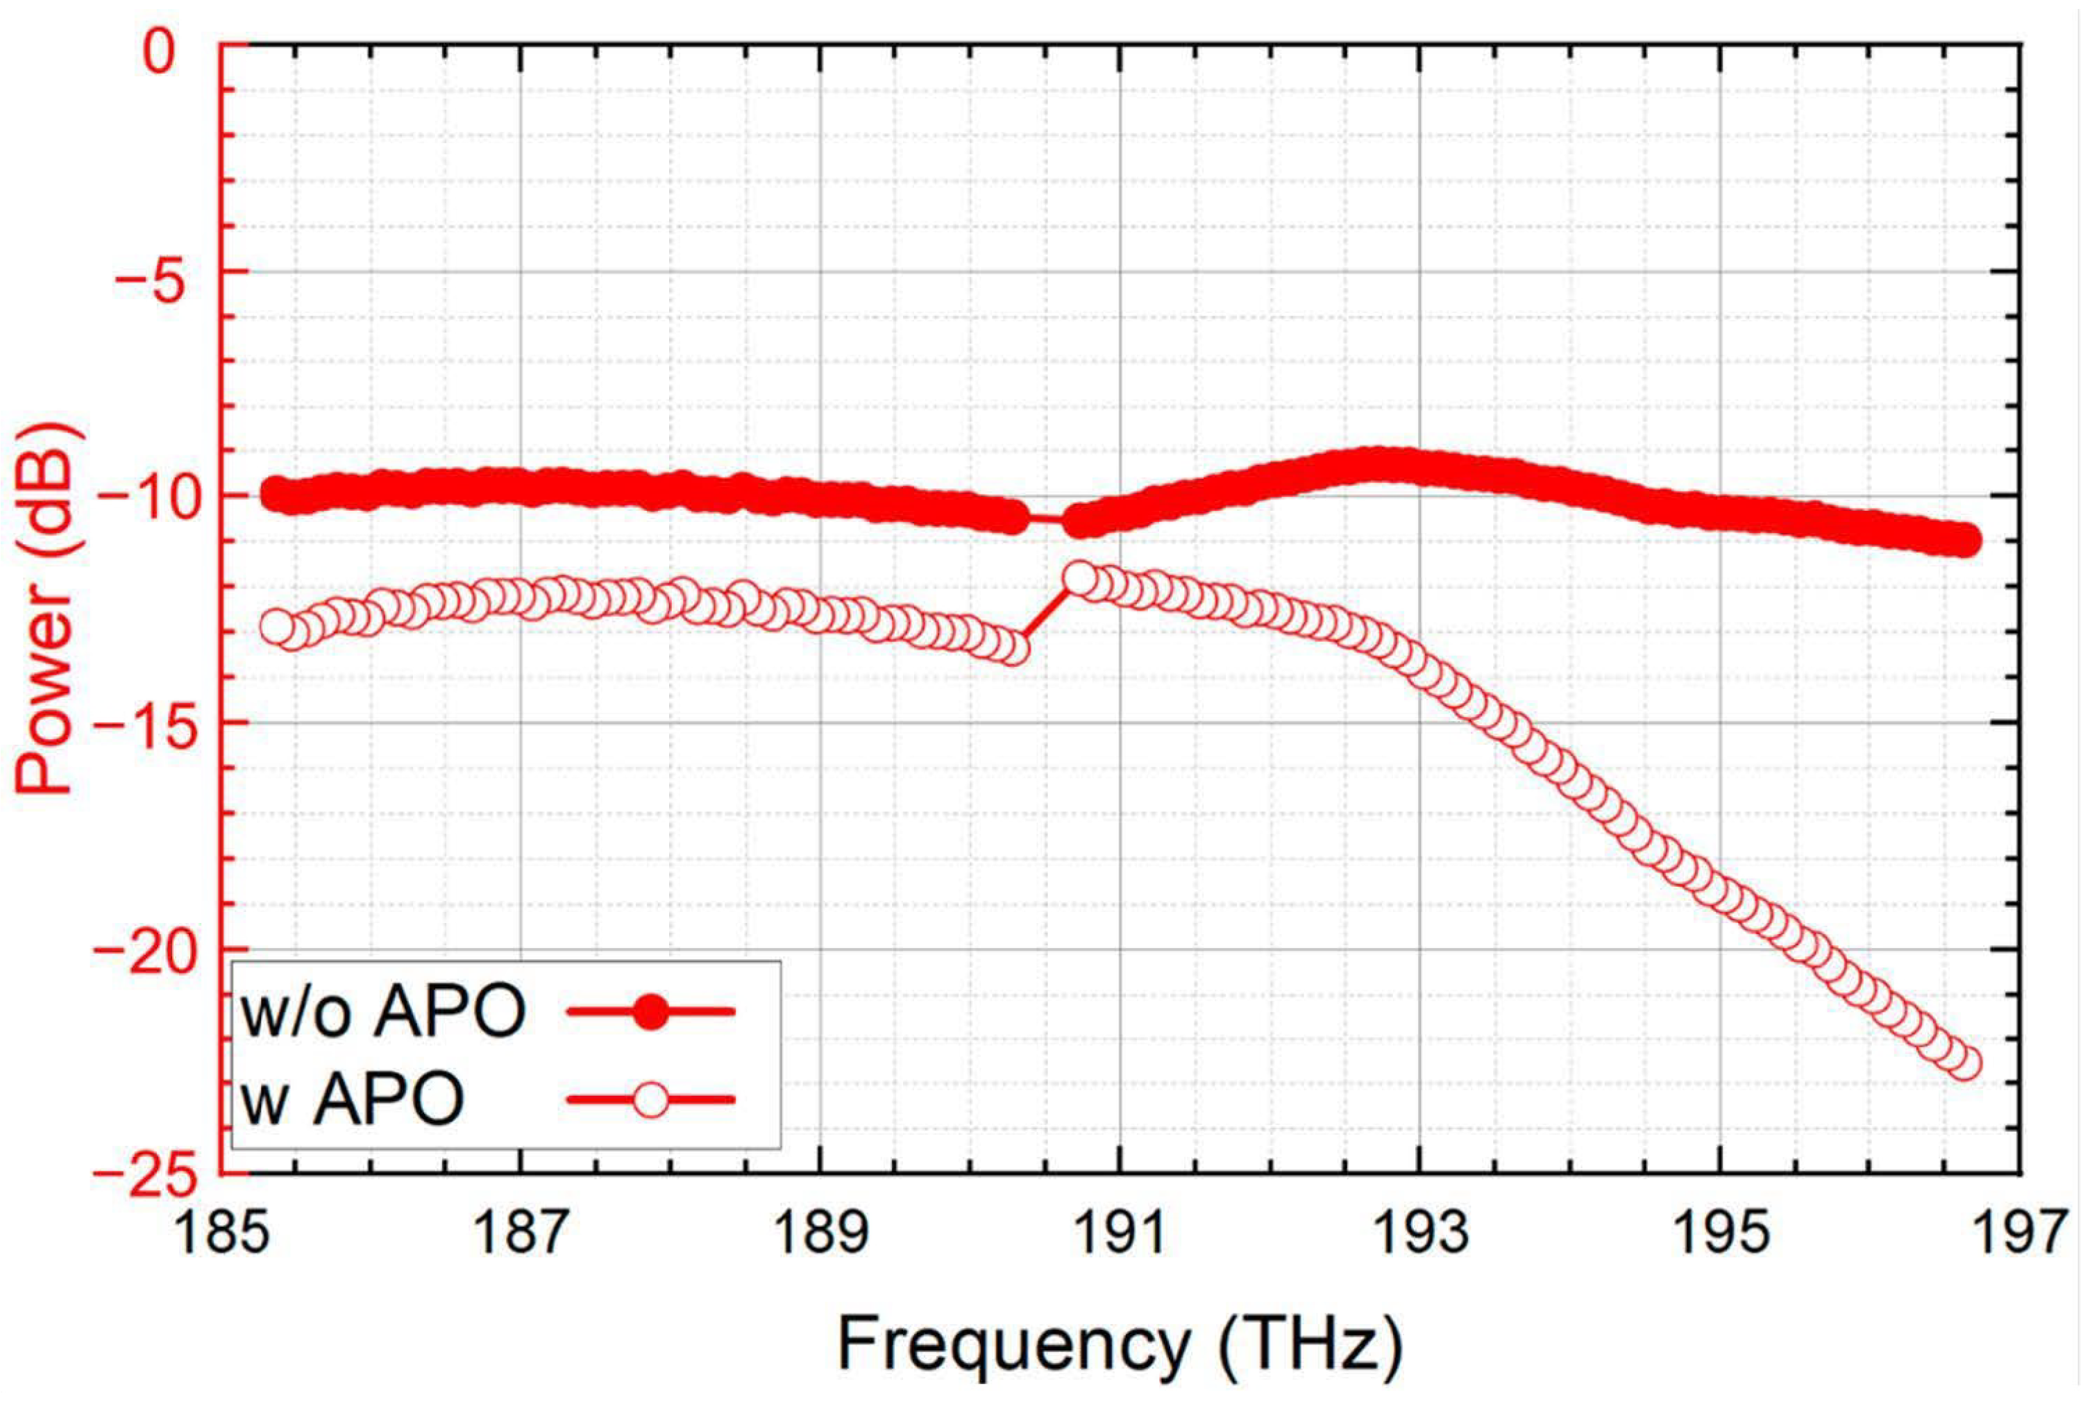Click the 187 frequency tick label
pyautogui.click(x=522, y=1233)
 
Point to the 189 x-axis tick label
pyautogui.click(x=820, y=1233)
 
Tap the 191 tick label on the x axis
pyautogui.click(x=1120, y=1233)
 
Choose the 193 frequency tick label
pyautogui.click(x=1419, y=1233)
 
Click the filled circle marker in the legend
pyautogui.click(x=651, y=1013)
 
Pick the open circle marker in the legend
pyautogui.click(x=651, y=1099)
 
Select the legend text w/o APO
pyautogui.click(x=383, y=1015)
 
